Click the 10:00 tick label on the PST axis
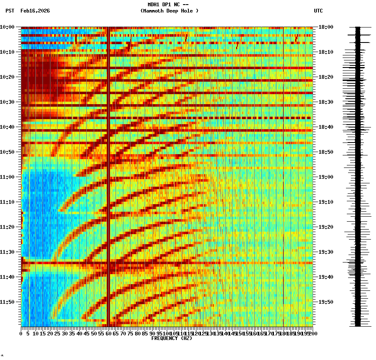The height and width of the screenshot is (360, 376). tap(8, 27)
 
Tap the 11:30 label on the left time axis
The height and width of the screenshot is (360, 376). tap(8, 252)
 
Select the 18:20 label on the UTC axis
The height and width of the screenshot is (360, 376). tap(326, 77)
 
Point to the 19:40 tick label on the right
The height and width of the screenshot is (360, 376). tap(326, 277)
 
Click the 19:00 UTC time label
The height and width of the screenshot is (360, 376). tap(326, 177)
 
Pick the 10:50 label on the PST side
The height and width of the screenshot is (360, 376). tap(8, 152)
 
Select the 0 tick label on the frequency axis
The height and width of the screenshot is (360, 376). tap(21, 334)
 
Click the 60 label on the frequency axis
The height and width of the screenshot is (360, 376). tap(108, 334)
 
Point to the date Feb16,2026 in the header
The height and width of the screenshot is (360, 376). tap(35, 11)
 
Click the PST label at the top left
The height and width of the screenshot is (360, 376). tap(10, 11)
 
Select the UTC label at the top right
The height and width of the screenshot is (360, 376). tap(318, 11)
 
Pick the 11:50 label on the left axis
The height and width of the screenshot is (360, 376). tap(8, 302)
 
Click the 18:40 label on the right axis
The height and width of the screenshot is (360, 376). tap(326, 127)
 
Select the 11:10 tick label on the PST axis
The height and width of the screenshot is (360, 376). tap(8, 202)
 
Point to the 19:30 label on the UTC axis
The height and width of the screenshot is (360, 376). tap(326, 252)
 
